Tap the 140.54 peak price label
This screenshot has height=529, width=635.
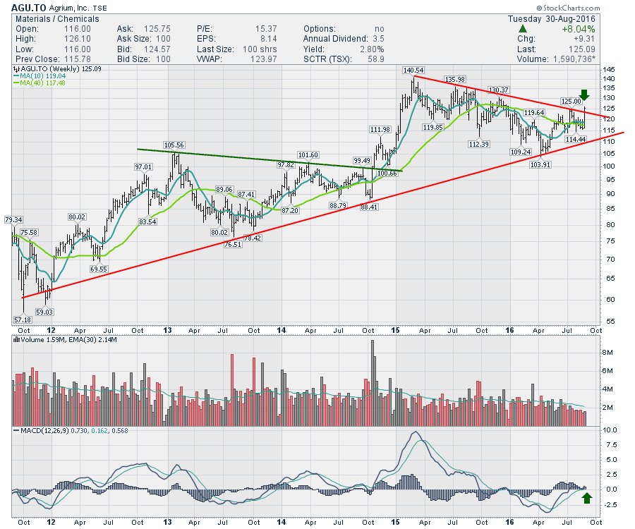point(413,71)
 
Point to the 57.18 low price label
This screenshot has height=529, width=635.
point(22,320)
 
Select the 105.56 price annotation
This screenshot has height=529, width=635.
point(174,145)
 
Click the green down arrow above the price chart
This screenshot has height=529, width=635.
point(584,95)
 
